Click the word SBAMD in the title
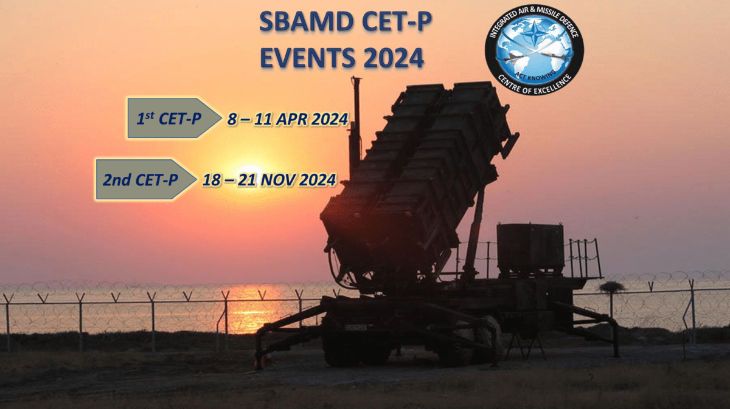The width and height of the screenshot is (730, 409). [307, 22]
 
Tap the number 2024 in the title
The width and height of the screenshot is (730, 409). [394, 58]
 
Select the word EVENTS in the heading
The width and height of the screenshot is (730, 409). [308, 58]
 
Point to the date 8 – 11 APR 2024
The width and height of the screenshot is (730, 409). [288, 119]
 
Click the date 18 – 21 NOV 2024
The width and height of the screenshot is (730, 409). [269, 180]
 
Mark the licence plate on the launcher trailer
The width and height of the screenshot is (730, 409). [355, 328]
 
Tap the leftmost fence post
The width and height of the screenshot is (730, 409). [8, 322]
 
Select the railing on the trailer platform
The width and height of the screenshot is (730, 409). [585, 257]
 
